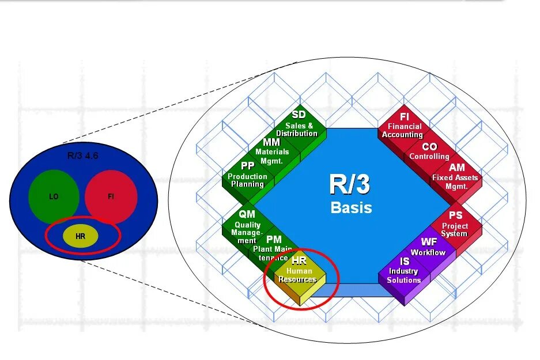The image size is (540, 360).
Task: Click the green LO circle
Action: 54,196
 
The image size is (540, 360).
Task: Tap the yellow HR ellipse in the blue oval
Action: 81,236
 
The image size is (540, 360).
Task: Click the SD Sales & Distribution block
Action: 297,125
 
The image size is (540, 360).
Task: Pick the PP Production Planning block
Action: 247,175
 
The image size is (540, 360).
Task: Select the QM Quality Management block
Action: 247,226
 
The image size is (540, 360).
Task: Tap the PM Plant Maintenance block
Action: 273,247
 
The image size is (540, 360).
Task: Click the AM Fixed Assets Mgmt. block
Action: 455,175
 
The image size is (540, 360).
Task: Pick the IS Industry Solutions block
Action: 404,272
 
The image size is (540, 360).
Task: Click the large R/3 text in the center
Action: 349,185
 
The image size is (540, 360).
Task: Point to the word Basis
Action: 351,207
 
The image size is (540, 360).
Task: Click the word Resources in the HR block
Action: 297,279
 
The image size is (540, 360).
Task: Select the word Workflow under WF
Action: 428,252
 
